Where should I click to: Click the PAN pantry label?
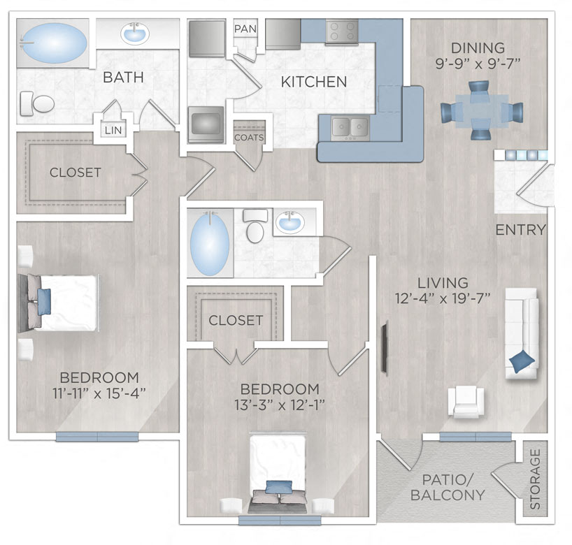click(x=245, y=29)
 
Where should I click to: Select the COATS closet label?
click(x=249, y=138)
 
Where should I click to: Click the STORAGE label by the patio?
click(x=535, y=479)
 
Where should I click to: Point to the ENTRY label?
click(x=520, y=230)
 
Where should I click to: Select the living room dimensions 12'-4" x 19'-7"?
click(x=442, y=298)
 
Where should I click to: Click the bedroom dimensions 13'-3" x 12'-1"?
click(x=279, y=404)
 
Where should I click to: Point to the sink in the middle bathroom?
click(x=289, y=223)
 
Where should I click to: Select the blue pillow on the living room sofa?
click(x=522, y=361)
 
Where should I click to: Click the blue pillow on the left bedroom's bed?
click(x=44, y=301)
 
